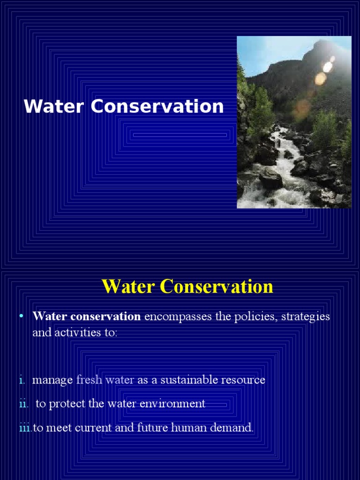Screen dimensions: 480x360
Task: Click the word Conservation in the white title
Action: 157,107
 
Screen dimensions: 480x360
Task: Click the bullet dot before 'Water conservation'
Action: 21,316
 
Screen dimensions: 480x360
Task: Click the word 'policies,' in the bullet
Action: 253,316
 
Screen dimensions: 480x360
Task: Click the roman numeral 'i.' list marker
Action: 22,380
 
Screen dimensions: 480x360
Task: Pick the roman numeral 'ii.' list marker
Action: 23,404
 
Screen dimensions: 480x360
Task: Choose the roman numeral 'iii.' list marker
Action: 25,428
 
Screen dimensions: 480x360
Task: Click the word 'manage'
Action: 52,380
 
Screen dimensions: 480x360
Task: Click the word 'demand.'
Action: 233,428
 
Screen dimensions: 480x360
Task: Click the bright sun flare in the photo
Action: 328,67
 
